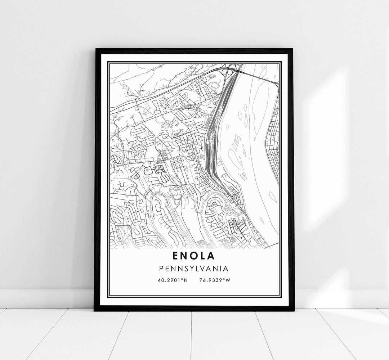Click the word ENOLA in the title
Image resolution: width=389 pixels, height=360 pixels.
tap(194, 256)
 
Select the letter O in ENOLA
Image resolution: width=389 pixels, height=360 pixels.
tap(194, 256)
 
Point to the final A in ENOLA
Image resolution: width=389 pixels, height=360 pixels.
tap(211, 256)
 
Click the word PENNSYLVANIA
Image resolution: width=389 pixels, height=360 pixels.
tap(194, 268)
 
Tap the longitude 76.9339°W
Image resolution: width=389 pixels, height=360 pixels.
tap(214, 280)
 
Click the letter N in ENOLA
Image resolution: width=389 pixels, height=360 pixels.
tap(185, 256)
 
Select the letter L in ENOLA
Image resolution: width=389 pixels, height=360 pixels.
tap(203, 256)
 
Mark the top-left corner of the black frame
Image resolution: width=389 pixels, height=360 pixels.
tap(96, 49)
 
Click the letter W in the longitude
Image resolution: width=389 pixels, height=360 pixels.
tap(228, 280)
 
